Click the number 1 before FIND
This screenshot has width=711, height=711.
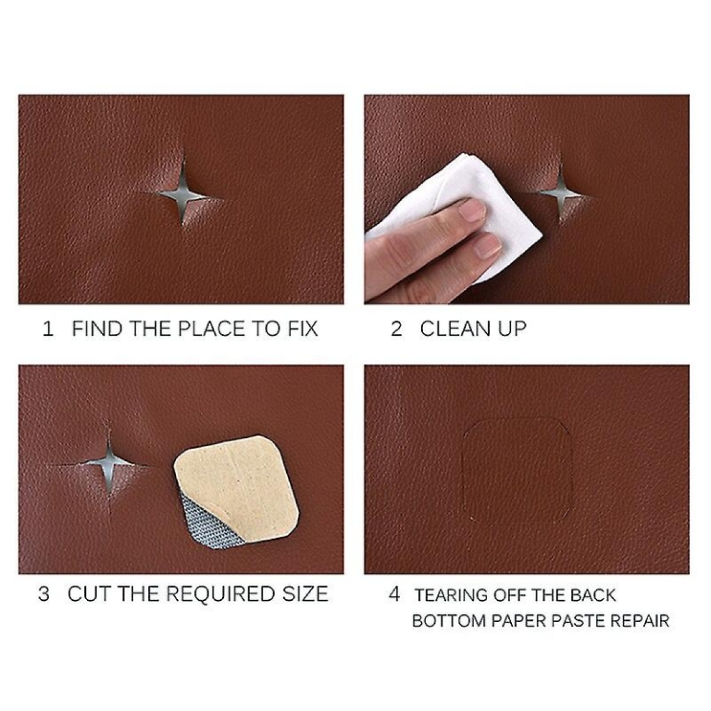tap(48, 329)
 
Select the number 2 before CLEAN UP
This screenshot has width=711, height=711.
tap(396, 329)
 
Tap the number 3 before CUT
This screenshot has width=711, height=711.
tap(44, 594)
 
